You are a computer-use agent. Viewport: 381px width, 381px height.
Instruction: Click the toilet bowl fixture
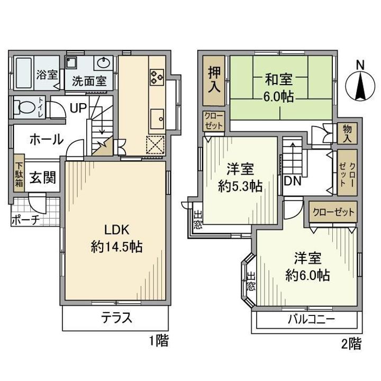tap(24, 107)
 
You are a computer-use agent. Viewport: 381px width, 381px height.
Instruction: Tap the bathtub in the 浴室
tap(24, 73)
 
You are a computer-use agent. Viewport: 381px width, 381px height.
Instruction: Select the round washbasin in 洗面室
tap(104, 62)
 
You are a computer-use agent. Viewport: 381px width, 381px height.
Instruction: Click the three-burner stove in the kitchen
tap(157, 77)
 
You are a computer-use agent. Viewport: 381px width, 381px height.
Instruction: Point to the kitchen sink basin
tap(157, 119)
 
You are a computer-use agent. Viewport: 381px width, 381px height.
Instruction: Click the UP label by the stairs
tap(78, 107)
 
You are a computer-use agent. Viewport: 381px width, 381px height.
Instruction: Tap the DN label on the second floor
tap(293, 181)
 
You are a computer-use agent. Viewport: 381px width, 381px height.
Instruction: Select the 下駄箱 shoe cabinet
tap(19, 173)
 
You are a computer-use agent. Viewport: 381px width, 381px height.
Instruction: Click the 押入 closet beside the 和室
tap(214, 80)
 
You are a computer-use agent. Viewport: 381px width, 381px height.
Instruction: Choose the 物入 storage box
tap(347, 133)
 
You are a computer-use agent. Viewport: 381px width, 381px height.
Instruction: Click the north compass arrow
tap(360, 86)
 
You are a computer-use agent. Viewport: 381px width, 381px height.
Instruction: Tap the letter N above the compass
tap(360, 65)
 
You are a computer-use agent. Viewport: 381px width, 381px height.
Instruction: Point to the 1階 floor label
tap(158, 340)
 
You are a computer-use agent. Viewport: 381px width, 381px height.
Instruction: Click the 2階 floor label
tap(351, 343)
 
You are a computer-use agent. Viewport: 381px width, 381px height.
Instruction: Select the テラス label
tap(116, 317)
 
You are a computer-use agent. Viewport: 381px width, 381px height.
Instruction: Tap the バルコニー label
tap(311, 319)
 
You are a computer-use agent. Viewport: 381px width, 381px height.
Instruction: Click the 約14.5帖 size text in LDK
tap(116, 247)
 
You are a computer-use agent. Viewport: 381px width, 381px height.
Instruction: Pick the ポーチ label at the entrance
tap(25, 220)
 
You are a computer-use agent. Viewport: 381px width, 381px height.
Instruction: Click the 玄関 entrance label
tap(43, 177)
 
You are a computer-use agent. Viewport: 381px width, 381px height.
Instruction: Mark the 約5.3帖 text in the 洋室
tap(240, 186)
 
